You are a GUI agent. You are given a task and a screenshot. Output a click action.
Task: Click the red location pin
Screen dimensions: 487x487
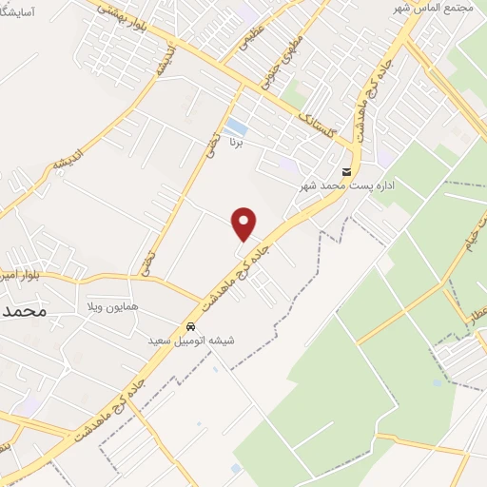pos(244,223)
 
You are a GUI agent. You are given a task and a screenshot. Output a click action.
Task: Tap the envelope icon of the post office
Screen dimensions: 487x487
pos(346,172)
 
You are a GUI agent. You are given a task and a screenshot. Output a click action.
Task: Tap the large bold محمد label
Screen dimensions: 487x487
pos(24,311)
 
